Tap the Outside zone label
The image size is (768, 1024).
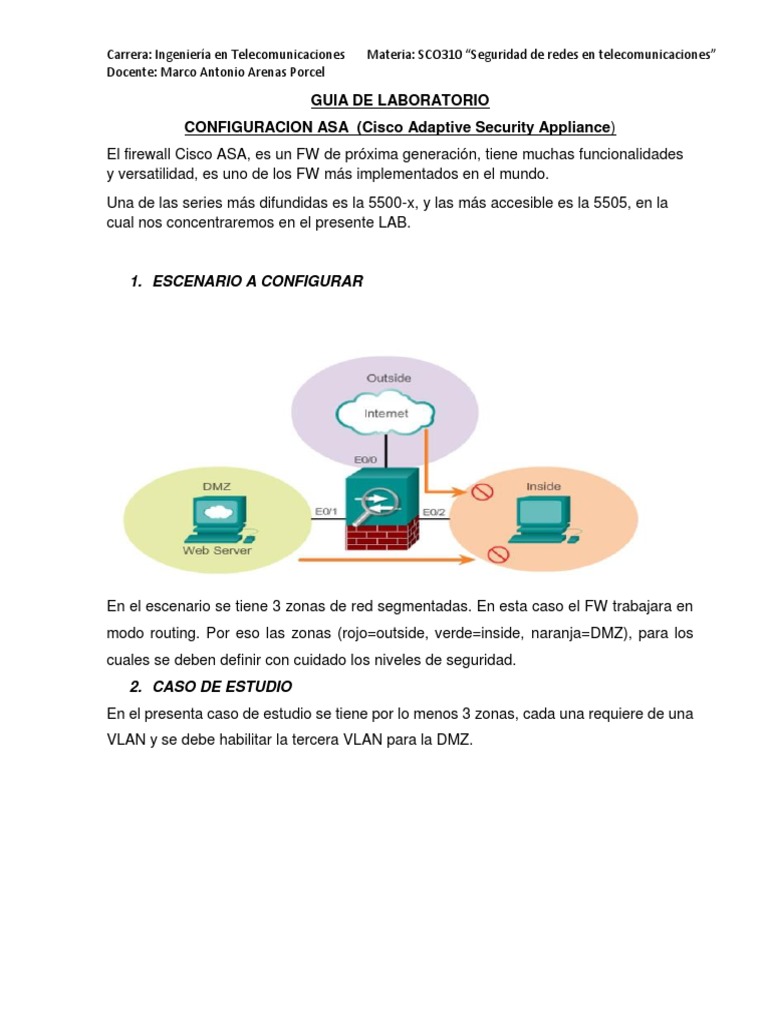[x=389, y=378]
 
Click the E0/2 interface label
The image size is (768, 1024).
[x=435, y=512]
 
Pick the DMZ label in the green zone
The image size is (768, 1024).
[x=217, y=487]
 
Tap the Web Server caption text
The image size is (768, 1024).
[x=217, y=550]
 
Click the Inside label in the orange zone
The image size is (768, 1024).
[x=544, y=487]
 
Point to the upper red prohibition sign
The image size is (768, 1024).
[x=483, y=491]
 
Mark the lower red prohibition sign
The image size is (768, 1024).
[x=493, y=553]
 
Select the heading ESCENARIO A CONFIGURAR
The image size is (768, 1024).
[x=257, y=282]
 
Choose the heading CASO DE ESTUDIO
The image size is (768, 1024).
[x=221, y=687]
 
